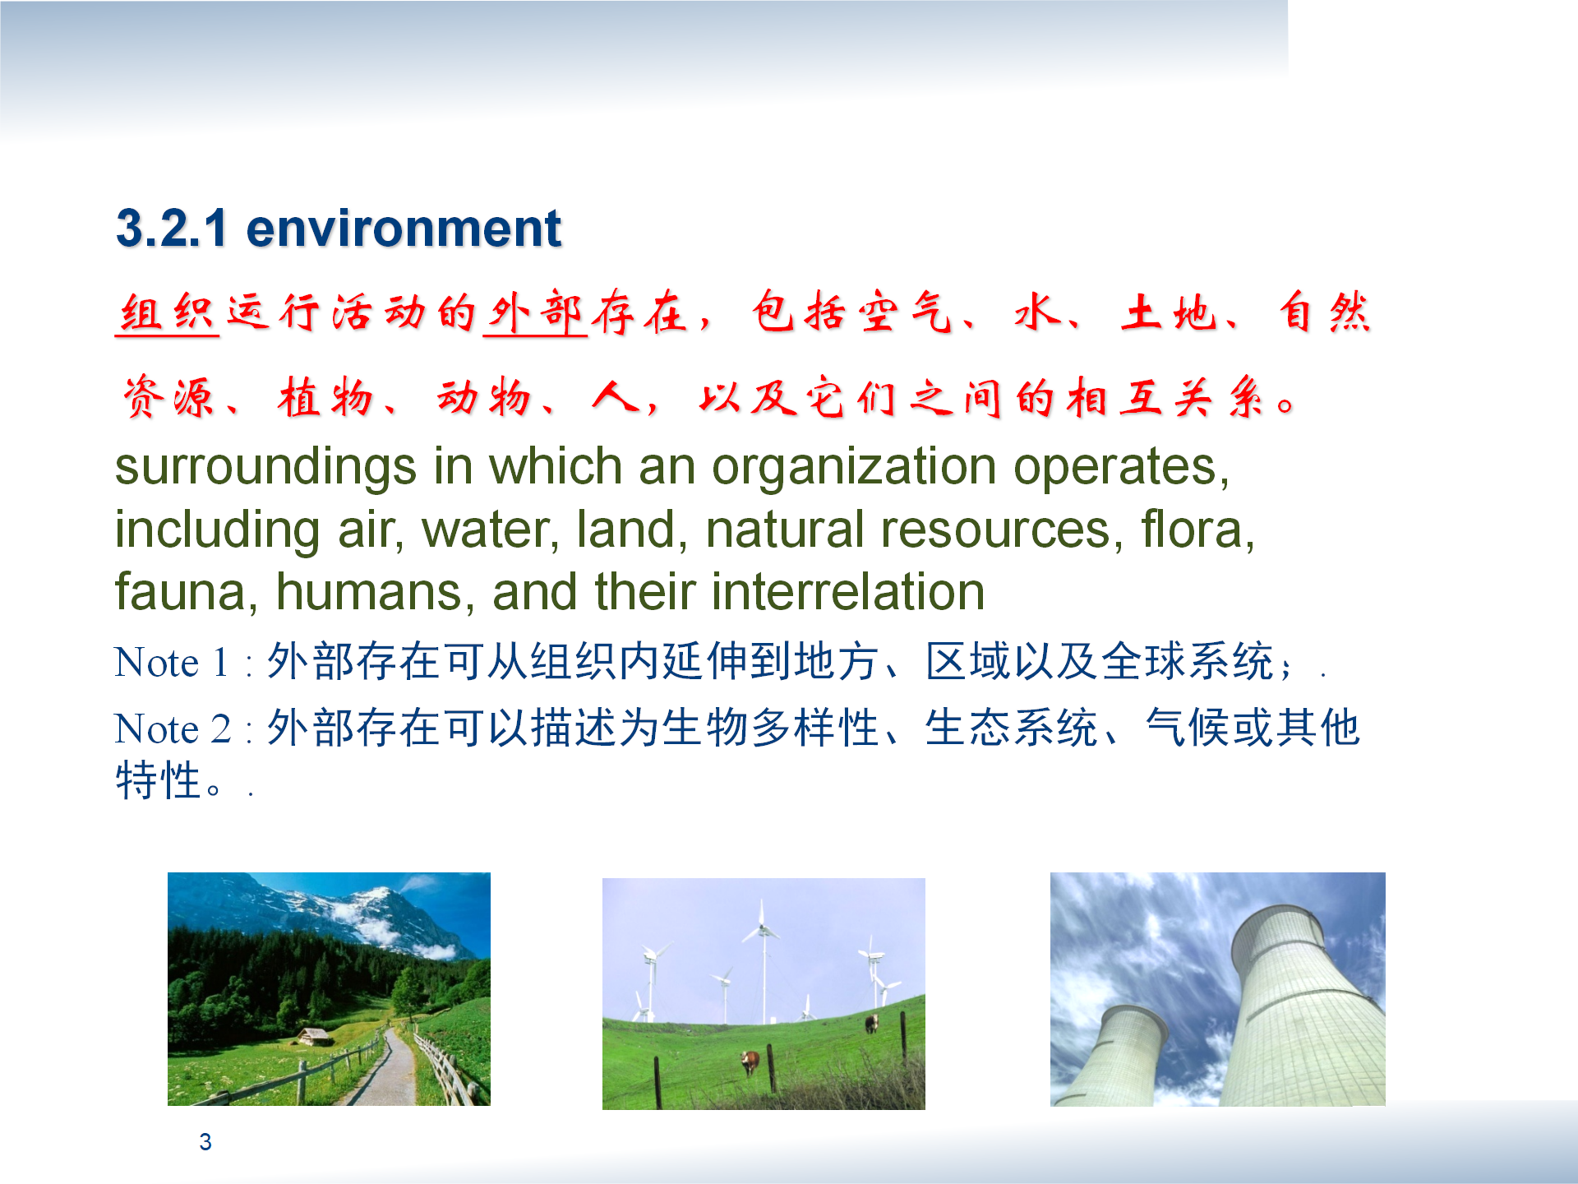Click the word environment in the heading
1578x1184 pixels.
pos(404,228)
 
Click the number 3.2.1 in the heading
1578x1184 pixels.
pos(171,228)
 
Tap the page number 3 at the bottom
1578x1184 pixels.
pos(205,1142)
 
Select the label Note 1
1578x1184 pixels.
pos(171,663)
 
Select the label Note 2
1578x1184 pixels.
pos(173,729)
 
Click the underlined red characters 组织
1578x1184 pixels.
pos(167,313)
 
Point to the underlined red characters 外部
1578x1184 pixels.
pos(535,313)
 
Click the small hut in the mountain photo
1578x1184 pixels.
pos(315,1036)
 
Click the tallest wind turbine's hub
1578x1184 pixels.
pos(763,931)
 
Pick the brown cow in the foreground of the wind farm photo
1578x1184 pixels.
pos(750,1061)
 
